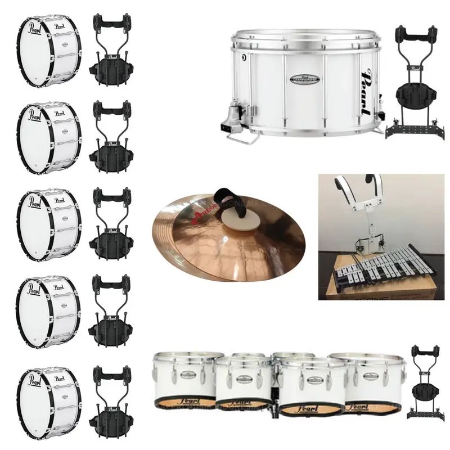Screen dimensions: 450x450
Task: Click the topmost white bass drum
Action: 49,51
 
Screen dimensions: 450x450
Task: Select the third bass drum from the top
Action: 49,224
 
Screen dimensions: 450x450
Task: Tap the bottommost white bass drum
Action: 49,402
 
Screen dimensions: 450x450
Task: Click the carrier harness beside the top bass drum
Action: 112,51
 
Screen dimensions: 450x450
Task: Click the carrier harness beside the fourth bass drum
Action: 112,312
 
